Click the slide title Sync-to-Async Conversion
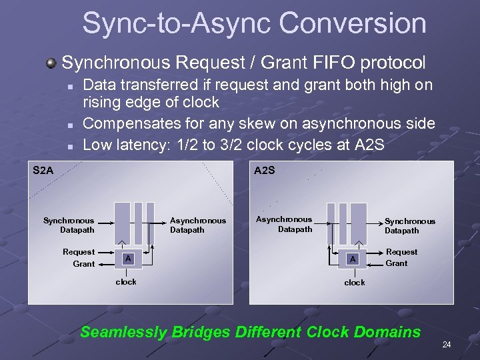(254, 23)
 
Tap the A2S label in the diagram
(265, 171)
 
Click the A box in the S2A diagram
(128, 259)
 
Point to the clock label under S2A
(126, 282)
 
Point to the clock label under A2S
(354, 283)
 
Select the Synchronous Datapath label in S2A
(69, 225)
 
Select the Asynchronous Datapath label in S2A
(198, 225)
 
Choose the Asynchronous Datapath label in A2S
(284, 224)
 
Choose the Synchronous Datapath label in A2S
(409, 226)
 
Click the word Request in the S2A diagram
(79, 252)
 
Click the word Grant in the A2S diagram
(397, 263)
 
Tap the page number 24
(446, 345)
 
